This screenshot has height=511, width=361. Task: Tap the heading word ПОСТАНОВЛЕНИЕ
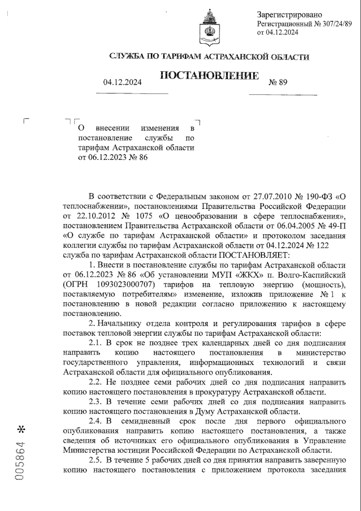coord(209,76)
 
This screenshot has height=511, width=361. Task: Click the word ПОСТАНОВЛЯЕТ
coord(253,255)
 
